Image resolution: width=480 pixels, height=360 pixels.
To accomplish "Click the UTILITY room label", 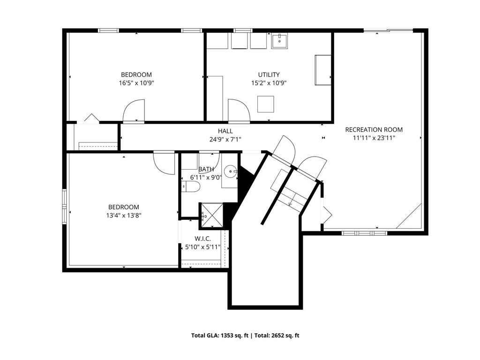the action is [x=269, y=75].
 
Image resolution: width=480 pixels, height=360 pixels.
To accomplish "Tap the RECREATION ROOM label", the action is [x=374, y=129].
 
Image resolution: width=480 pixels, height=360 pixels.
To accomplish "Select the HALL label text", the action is [x=225, y=131].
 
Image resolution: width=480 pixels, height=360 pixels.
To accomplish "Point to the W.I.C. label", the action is [x=202, y=239].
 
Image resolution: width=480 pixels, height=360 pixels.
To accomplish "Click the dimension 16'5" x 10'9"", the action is [x=136, y=83].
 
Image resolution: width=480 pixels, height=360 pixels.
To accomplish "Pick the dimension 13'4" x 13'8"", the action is [x=124, y=216].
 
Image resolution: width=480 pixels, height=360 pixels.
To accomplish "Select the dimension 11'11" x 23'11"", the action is [x=374, y=138].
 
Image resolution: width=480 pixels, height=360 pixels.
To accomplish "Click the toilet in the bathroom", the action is [x=190, y=187].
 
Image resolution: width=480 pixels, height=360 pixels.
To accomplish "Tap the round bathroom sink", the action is [x=230, y=171].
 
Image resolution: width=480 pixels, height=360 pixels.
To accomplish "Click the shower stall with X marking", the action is [x=212, y=216].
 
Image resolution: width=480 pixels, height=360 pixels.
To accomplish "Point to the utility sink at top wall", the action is [x=279, y=41].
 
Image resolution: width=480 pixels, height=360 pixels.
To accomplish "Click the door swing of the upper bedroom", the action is [x=134, y=111].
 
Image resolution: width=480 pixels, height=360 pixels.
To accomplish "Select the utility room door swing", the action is [x=239, y=110].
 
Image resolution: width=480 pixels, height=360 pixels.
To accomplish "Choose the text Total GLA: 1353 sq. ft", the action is [x=220, y=336].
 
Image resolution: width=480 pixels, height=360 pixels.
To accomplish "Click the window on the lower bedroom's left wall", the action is [x=64, y=207].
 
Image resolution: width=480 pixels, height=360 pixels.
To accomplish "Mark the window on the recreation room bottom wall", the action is [x=364, y=233].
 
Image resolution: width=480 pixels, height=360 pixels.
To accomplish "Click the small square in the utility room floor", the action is [x=265, y=104].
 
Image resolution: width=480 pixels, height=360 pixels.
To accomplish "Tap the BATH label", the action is [x=206, y=169].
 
